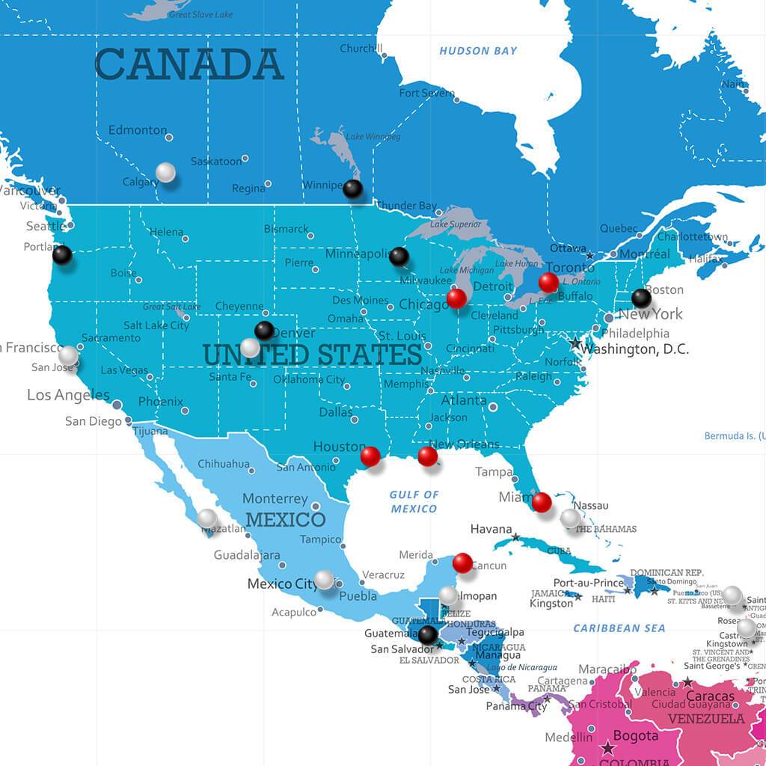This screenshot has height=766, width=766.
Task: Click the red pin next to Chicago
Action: (456, 298)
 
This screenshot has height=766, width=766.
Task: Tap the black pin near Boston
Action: (641, 298)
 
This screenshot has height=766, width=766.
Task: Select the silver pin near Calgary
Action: (165, 173)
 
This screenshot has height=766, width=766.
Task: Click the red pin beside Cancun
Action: (462, 563)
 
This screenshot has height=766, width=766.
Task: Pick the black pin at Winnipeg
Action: (352, 189)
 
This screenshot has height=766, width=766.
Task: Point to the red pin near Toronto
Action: (548, 282)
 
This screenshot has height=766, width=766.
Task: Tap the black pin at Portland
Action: (62, 254)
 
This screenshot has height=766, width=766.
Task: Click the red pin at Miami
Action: (542, 502)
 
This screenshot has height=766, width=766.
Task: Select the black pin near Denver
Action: (264, 330)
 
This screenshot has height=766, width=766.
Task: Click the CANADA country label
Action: (189, 64)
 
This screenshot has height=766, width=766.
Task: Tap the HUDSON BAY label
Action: (478, 51)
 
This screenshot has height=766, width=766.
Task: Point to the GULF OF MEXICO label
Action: (414, 501)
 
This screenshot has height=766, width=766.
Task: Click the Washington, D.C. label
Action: (634, 349)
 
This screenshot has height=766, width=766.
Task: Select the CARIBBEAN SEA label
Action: (619, 628)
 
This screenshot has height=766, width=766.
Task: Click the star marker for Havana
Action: (515, 537)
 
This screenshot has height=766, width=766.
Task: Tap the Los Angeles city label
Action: (68, 395)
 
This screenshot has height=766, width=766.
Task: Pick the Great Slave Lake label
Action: (200, 14)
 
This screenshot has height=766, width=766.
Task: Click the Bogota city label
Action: (636, 736)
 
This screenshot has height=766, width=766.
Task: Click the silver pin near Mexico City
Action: (324, 579)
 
